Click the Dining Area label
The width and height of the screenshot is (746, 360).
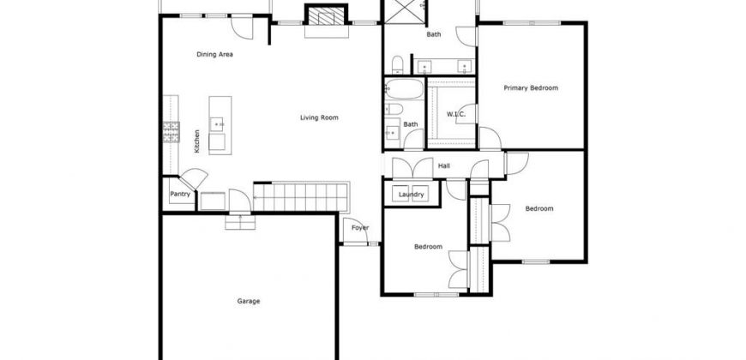point(214,54)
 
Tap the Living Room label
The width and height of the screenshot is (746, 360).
point(319,117)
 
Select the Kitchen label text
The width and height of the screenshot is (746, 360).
point(197,141)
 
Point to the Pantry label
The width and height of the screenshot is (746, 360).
point(180,194)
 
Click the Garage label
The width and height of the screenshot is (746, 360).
point(249,301)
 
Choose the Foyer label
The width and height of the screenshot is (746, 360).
point(360,228)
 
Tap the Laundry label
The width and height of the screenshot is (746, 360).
point(411,195)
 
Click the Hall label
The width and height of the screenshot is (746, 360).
point(444,166)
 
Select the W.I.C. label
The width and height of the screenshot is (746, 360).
point(456,114)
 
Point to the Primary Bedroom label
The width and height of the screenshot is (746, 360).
point(531,88)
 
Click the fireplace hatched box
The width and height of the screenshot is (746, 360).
point(326,15)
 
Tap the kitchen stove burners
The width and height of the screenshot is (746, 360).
point(171,132)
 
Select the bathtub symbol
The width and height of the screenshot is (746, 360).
point(404,89)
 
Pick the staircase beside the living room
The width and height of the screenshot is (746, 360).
point(301,197)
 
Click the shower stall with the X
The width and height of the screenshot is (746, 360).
point(404,11)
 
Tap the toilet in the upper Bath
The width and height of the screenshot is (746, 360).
point(398,64)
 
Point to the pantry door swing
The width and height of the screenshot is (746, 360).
point(194,178)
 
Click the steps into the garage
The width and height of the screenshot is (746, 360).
point(240,222)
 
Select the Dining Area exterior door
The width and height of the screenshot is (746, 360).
point(242,28)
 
